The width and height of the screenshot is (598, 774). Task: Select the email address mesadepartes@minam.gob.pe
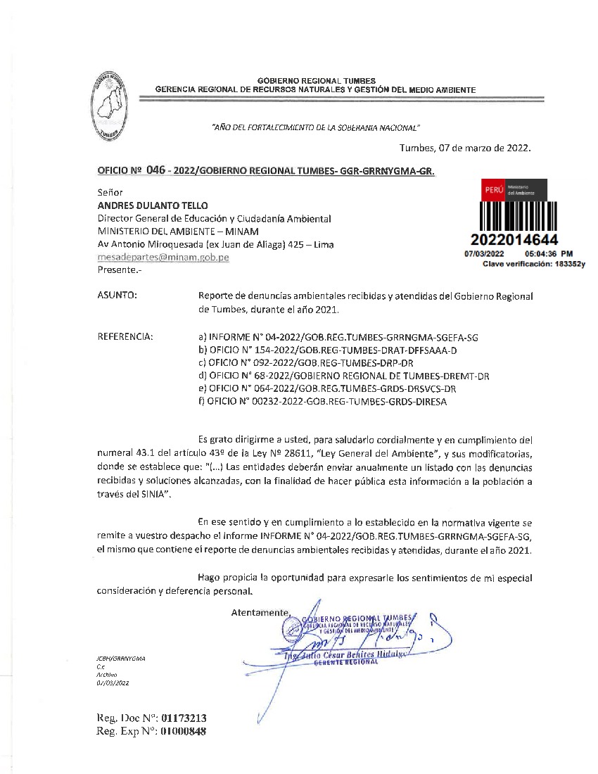tap(163, 258)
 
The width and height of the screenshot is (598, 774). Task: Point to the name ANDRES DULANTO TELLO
tap(153, 205)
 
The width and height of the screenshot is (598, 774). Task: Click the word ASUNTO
tap(117, 296)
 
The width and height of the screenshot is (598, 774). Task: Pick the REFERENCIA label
tap(125, 337)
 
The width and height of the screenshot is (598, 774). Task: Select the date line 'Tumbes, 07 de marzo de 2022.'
tap(465, 148)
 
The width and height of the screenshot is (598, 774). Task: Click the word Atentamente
tap(260, 613)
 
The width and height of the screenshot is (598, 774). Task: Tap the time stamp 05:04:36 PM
tap(549, 253)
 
